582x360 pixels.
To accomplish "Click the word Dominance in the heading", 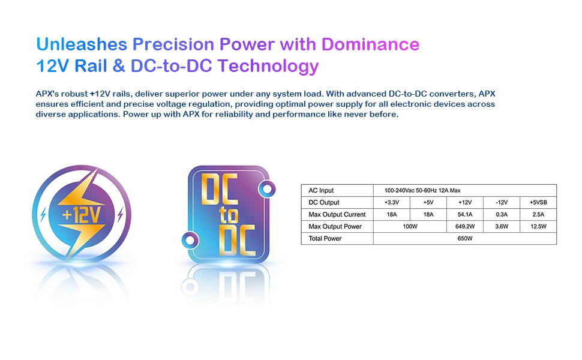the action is click(x=370, y=44).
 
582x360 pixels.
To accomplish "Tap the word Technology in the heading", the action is click(x=268, y=67).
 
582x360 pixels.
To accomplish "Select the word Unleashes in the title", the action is click(x=82, y=44).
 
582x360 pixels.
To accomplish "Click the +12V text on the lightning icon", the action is click(x=81, y=215).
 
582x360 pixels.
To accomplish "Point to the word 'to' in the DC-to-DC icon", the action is click(x=229, y=215).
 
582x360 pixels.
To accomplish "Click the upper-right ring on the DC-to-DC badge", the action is click(x=267, y=189).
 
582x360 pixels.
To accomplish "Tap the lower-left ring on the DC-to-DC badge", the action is click(x=190, y=240).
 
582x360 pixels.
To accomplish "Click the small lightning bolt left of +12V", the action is click(x=43, y=215).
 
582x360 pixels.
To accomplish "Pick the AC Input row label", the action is click(x=321, y=190).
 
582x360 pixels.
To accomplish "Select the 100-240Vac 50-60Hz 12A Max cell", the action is click(x=422, y=190).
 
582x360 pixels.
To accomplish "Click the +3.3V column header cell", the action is click(x=392, y=202).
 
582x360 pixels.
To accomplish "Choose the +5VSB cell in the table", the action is click(x=538, y=202).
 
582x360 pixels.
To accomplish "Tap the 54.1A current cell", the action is click(x=465, y=215).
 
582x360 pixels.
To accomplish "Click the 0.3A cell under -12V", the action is click(x=502, y=215).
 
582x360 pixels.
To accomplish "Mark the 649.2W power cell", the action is click(x=465, y=226).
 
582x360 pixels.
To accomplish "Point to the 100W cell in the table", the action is click(x=410, y=226).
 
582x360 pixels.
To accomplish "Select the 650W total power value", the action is click(x=465, y=238).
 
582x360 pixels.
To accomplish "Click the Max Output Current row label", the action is click(x=337, y=215).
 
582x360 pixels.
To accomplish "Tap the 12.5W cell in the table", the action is click(x=538, y=226).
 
